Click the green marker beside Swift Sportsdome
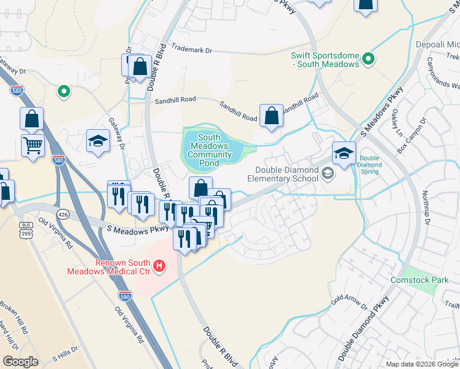[x=368, y=59]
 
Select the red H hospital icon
[x=160, y=266]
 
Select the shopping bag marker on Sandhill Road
[x=271, y=115]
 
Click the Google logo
[x=20, y=362]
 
